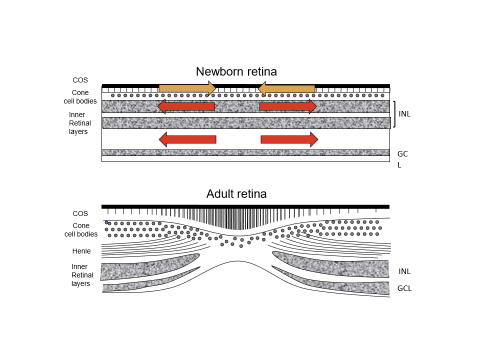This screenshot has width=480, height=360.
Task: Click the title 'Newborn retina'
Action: (x=236, y=71)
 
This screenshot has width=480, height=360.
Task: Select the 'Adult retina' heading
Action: (x=236, y=194)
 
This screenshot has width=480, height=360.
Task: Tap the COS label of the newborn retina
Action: (x=80, y=79)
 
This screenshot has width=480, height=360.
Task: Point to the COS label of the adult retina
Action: (x=80, y=213)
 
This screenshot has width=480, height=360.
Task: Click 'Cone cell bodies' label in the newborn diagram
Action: (x=84, y=97)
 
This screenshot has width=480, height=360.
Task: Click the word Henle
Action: (x=81, y=251)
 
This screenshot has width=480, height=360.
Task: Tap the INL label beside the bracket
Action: (x=404, y=114)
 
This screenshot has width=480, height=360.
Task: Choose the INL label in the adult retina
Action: (x=404, y=271)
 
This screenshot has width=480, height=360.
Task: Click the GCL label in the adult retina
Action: (x=404, y=288)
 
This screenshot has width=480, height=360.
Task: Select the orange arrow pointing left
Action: (x=286, y=88)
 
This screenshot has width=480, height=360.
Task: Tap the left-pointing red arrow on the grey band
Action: (x=186, y=106)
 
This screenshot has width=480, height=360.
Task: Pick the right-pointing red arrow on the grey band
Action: (x=288, y=106)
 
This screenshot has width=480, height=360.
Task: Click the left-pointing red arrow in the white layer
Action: (x=187, y=139)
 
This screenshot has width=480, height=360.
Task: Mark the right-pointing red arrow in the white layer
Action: (x=289, y=139)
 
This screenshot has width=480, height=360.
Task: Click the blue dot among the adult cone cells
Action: (x=106, y=222)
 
